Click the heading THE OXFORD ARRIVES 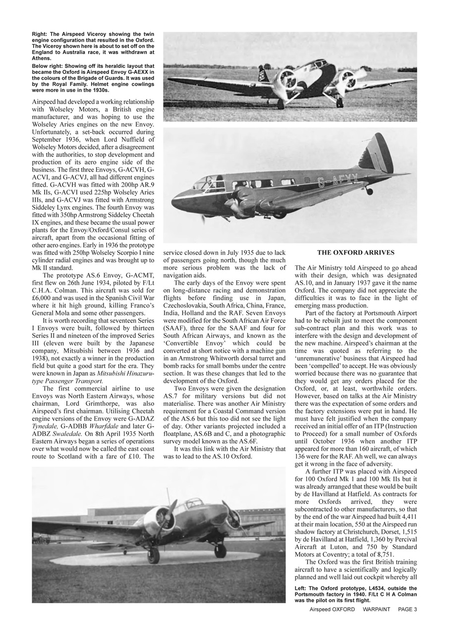[x=355, y=252]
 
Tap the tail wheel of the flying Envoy [x=369, y=191]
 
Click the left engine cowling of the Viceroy [x=286, y=79]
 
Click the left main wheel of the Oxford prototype [x=154, y=555]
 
